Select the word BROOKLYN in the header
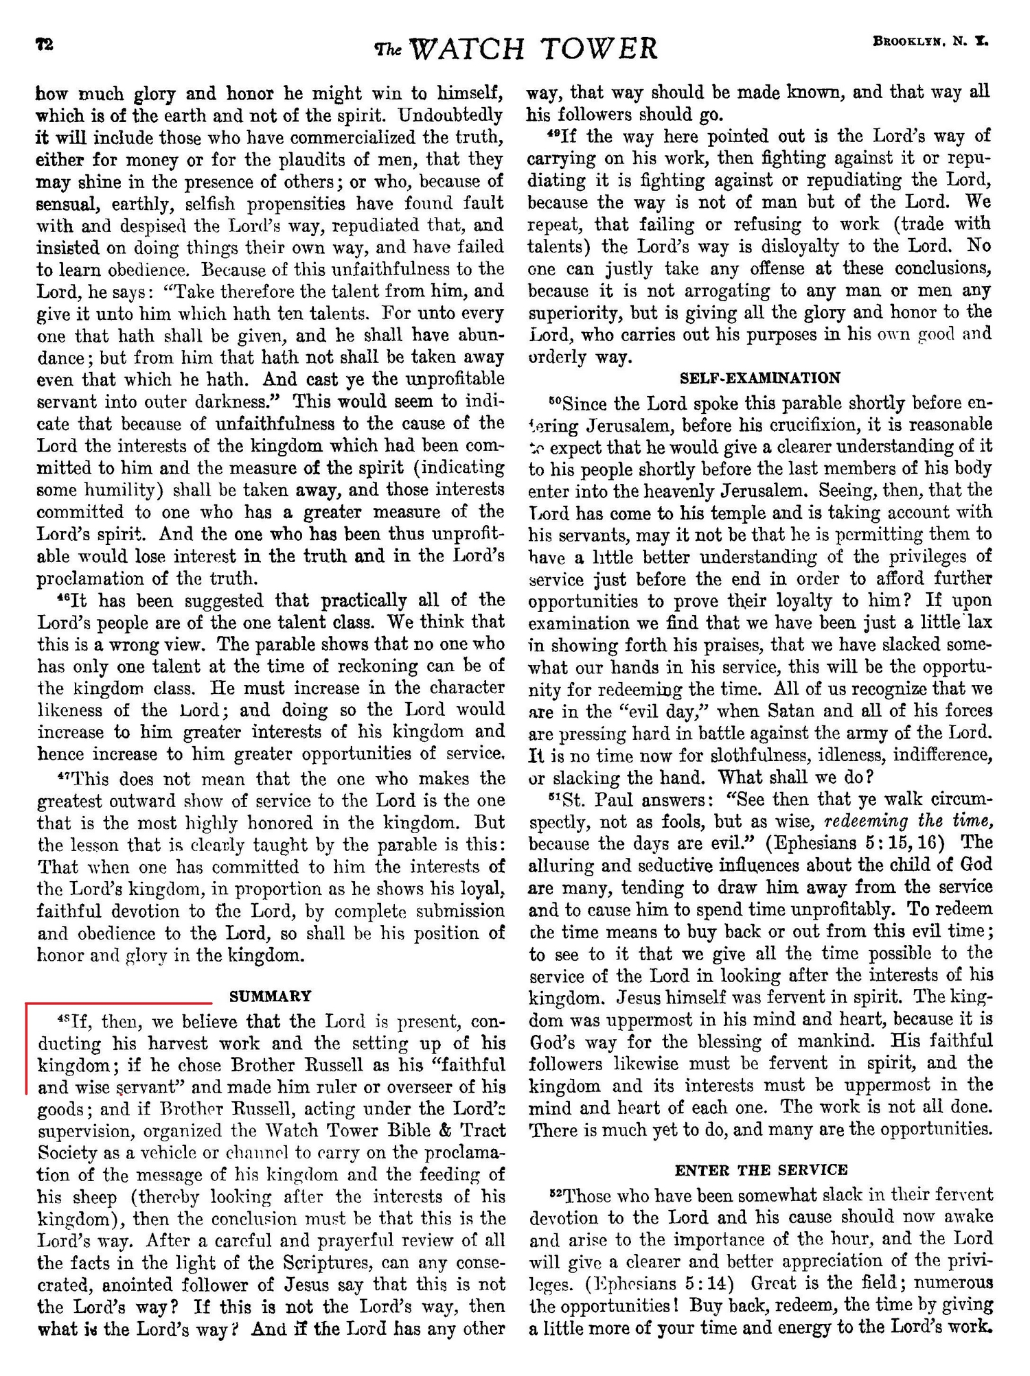907,41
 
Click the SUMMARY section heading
271,996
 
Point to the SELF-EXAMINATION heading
760,377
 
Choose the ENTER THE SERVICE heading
762,1169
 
